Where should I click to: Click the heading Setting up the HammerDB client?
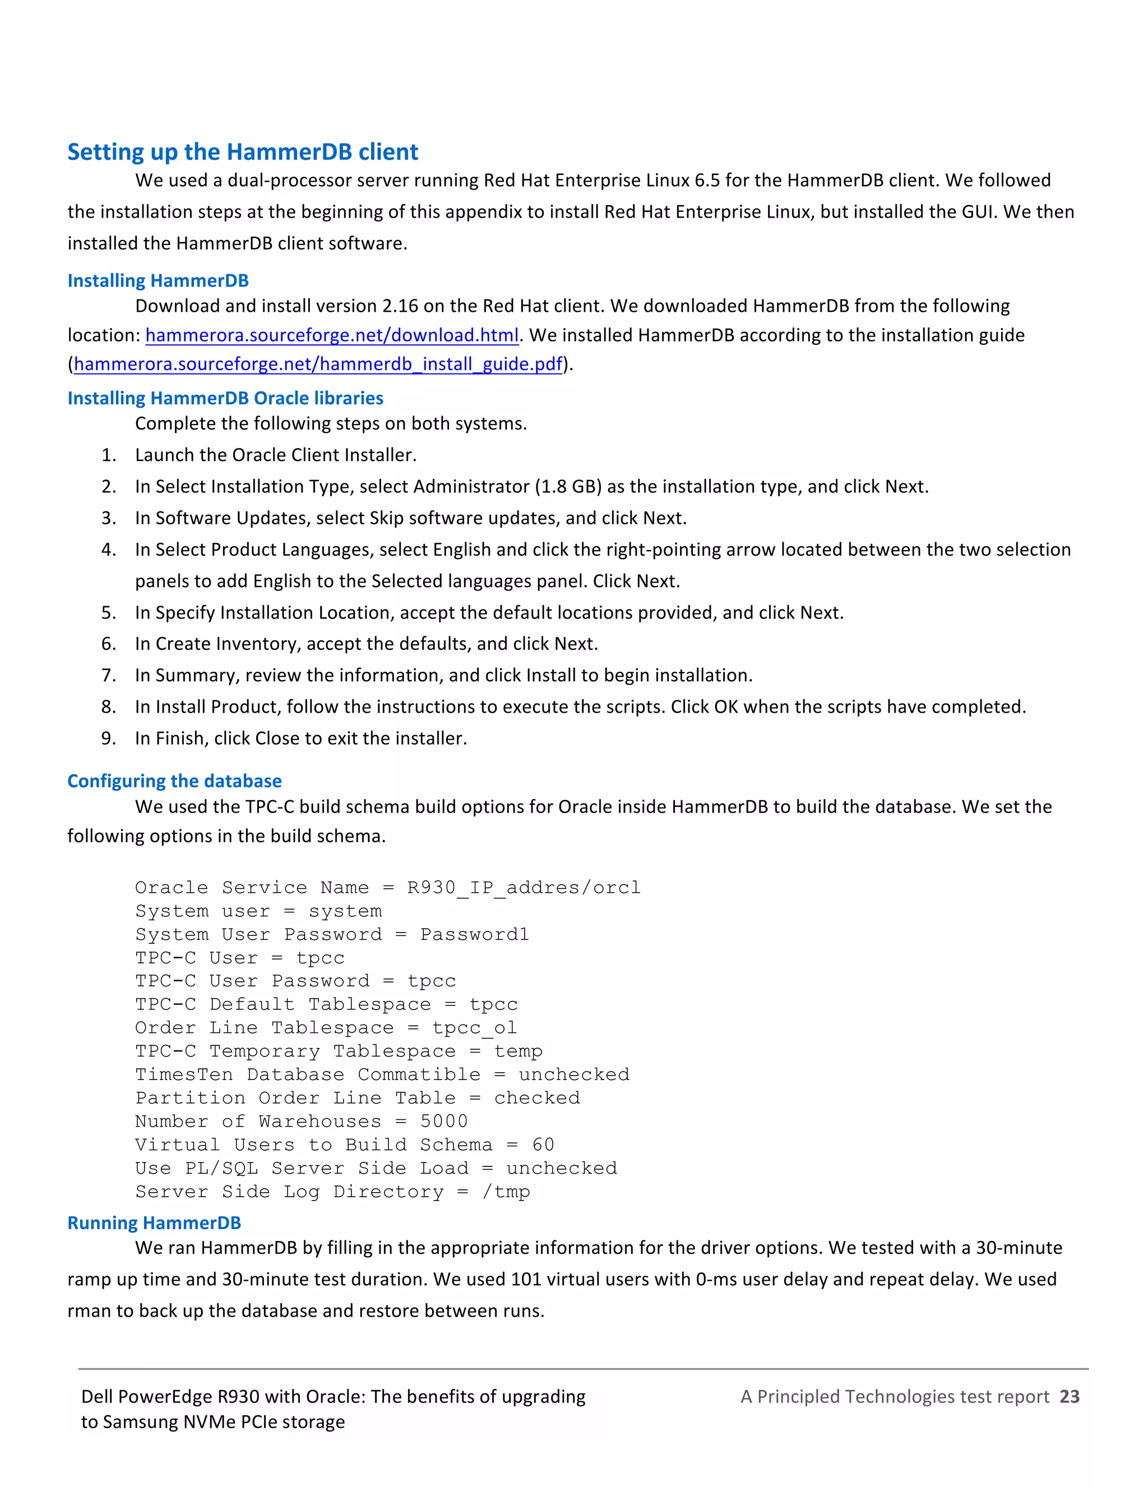coord(242,152)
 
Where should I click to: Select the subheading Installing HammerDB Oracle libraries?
coord(225,398)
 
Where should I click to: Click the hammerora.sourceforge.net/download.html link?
coord(332,335)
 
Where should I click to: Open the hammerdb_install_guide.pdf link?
coord(318,364)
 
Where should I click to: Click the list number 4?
coord(109,550)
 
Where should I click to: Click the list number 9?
coord(109,739)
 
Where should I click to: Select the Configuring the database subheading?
coord(174,781)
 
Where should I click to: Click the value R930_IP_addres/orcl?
coord(524,888)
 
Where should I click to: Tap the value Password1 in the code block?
coord(474,935)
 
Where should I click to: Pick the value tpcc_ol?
coord(474,1028)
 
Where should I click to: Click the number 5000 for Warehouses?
coord(443,1122)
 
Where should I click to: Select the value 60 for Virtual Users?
coord(543,1145)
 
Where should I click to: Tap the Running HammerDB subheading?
coord(154,1224)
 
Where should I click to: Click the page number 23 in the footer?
coord(1069,1397)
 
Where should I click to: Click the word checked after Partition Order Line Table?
coord(536,1098)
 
